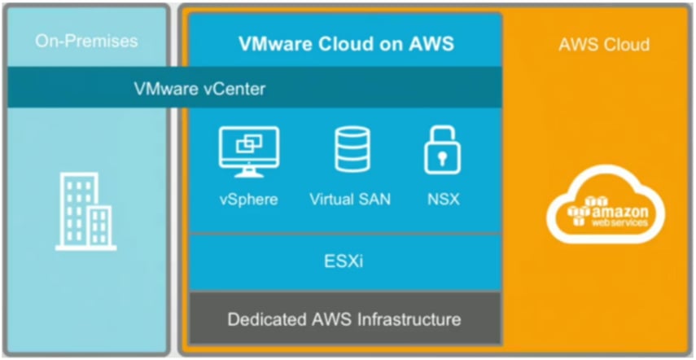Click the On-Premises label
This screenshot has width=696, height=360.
[86, 41]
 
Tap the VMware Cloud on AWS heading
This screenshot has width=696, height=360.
[346, 43]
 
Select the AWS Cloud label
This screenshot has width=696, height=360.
[604, 44]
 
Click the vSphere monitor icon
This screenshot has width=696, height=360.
[249, 151]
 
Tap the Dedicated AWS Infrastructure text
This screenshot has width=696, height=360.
[344, 318]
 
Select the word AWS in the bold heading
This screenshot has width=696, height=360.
[432, 43]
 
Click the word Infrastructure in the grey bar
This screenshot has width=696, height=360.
[412, 318]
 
